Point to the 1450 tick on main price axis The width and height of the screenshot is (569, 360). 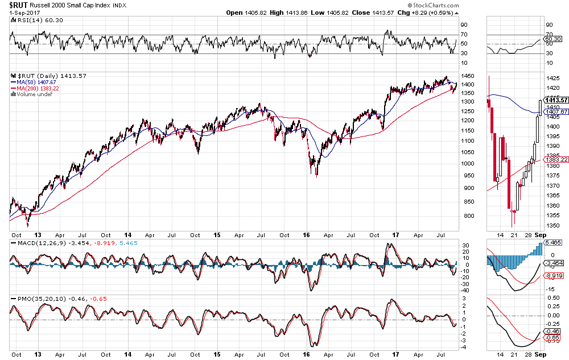[468, 76]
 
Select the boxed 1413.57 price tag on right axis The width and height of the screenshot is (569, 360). [555, 100]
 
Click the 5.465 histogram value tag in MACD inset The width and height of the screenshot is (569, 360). [553, 242]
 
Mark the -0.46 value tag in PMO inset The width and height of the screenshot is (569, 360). [552, 330]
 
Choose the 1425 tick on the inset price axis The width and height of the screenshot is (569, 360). [551, 78]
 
